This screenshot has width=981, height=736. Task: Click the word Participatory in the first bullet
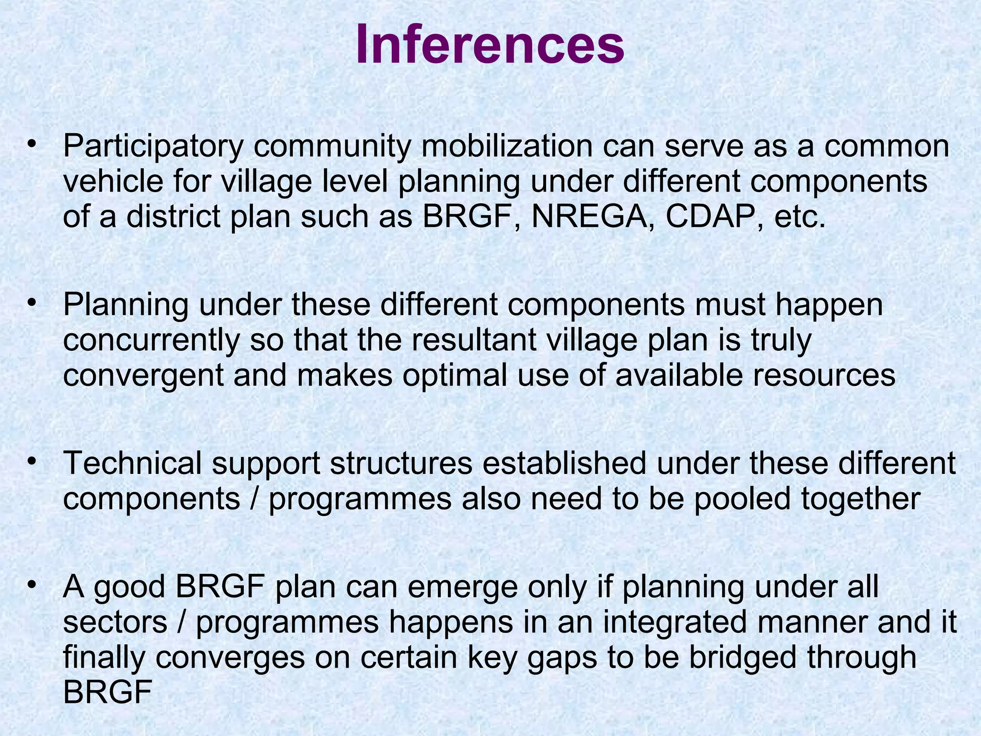(153, 147)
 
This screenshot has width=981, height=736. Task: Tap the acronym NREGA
(591, 217)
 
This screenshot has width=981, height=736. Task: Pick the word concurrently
(151, 340)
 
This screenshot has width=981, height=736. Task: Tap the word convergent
(143, 376)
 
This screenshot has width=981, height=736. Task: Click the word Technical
(132, 464)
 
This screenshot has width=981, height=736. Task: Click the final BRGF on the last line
(108, 692)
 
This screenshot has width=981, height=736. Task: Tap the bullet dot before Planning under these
(32, 303)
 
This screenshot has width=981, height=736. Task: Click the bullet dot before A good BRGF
(32, 585)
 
